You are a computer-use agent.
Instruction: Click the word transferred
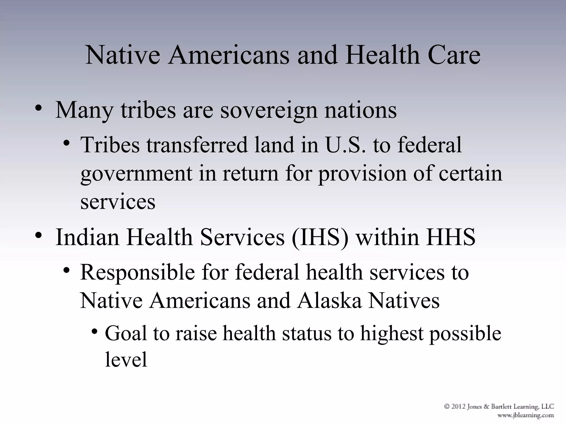[x=197, y=145]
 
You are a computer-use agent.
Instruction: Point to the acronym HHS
[x=450, y=237]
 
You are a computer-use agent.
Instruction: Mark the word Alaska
[x=329, y=301]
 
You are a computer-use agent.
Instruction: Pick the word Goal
[x=126, y=333]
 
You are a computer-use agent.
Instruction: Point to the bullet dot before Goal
[x=95, y=331]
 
